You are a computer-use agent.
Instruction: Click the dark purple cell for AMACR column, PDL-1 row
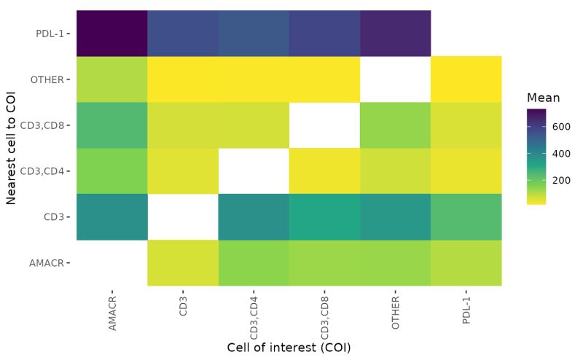point(111,33)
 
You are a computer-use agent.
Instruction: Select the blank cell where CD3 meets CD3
point(182,217)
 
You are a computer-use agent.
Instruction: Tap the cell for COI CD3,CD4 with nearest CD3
point(253,217)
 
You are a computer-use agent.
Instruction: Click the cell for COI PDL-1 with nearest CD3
point(466,217)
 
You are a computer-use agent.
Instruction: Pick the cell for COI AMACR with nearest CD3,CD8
point(111,125)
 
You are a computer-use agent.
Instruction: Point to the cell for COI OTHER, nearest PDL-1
point(395,33)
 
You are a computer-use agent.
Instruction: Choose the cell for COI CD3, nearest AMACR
point(182,263)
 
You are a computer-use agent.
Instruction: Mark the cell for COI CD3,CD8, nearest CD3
point(324,217)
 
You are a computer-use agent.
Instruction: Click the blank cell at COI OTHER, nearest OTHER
point(395,79)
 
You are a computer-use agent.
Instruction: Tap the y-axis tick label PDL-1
point(50,33)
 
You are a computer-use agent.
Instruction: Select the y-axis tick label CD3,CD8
point(45,125)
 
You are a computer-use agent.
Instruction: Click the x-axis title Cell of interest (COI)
point(289,347)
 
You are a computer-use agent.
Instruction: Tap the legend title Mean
point(542,97)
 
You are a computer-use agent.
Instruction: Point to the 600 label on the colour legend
point(560,126)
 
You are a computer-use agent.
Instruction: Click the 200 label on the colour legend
point(560,180)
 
